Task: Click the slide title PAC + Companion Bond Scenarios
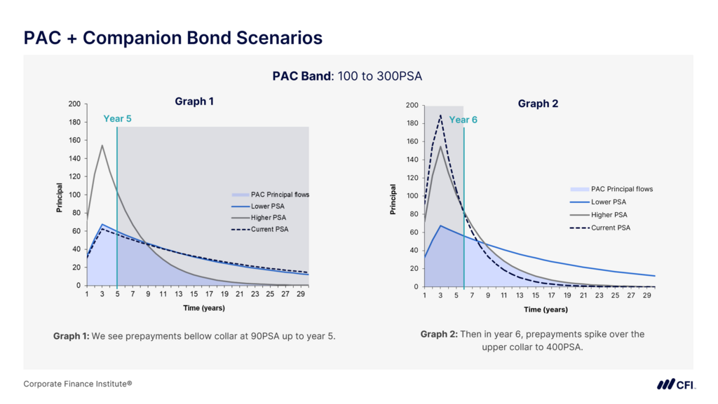click(x=173, y=37)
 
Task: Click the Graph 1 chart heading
click(x=194, y=102)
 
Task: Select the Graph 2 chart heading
click(x=538, y=104)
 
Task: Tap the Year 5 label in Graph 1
click(x=117, y=118)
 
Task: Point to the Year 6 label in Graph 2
click(x=463, y=120)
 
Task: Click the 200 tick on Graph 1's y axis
click(x=74, y=104)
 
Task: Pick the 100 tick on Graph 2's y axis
click(x=412, y=196)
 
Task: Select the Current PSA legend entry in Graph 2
click(x=610, y=228)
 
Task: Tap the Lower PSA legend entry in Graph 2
click(x=609, y=202)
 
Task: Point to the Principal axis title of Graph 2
click(x=393, y=200)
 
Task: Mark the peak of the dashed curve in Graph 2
click(x=440, y=116)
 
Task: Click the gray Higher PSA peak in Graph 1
click(x=102, y=146)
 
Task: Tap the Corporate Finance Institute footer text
click(x=78, y=384)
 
